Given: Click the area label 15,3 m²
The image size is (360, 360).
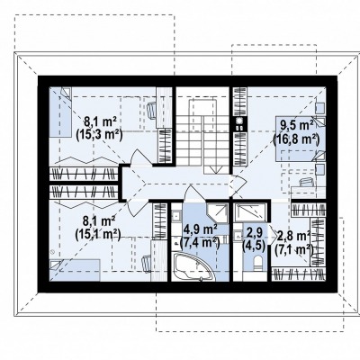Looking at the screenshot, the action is click(99, 136).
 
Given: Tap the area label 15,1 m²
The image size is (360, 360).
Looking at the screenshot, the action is click(98, 235).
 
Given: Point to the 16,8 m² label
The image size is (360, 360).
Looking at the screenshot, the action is click(296, 139).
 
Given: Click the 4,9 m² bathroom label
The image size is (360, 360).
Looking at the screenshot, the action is click(201, 230).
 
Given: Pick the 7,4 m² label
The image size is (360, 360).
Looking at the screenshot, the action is click(200, 243).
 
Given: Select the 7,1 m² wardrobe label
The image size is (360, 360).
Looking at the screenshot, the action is click(294, 249).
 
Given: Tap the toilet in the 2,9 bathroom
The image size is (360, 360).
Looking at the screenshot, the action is click(258, 263).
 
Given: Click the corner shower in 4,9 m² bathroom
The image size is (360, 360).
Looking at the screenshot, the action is click(218, 212).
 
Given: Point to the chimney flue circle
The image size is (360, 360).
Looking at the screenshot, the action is click(239, 121).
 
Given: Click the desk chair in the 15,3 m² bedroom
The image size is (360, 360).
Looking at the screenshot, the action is click(151, 109).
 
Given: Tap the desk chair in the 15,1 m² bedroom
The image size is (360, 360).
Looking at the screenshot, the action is click(147, 263).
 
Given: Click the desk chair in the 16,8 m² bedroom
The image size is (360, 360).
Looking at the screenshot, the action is click(306, 182).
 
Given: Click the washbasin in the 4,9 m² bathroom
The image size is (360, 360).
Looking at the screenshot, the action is click(176, 214).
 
